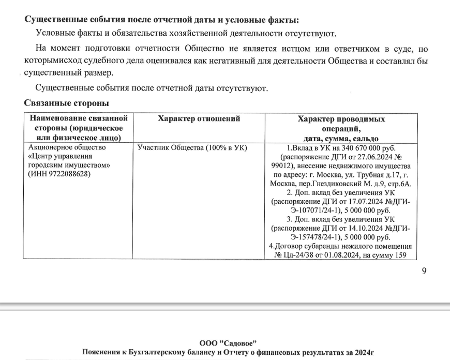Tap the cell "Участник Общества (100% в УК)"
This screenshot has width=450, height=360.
point(192,147)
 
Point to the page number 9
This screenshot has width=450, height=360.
point(424,270)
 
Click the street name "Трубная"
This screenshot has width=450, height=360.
point(361,175)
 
